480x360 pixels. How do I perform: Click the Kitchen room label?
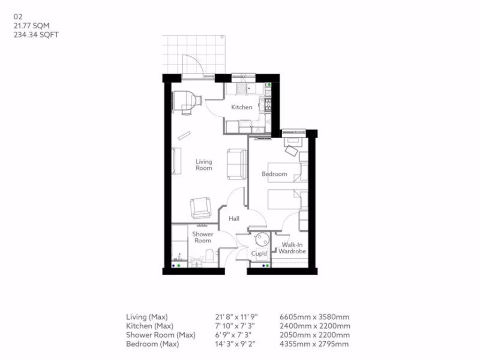[242, 107]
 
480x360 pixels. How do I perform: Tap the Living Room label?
[204, 165]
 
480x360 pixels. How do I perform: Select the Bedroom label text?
[274, 174]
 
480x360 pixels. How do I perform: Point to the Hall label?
[234, 219]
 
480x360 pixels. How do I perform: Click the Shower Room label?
[203, 237]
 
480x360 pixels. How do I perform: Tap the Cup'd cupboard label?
[259, 254]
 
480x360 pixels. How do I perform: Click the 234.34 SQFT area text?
[36, 35]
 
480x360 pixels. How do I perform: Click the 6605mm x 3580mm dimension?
[314, 317]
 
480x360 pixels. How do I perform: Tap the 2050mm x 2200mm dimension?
[314, 335]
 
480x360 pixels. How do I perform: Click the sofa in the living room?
[237, 164]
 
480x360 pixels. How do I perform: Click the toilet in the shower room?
[210, 256]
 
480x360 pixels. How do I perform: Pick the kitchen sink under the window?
[241, 88]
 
